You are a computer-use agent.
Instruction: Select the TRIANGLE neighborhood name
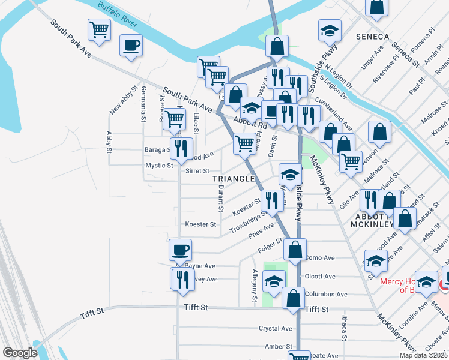coord(234,179)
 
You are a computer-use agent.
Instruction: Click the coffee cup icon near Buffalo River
coord(131,45)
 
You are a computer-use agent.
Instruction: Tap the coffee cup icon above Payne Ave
coord(179,248)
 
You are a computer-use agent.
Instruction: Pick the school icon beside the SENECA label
coord(330,31)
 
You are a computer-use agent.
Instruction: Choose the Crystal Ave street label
coord(275,329)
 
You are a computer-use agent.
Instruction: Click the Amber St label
coord(277,347)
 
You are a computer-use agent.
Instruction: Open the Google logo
coord(20,353)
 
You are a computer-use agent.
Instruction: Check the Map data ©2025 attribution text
coord(424,355)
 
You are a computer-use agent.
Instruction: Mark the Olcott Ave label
coord(320,277)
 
